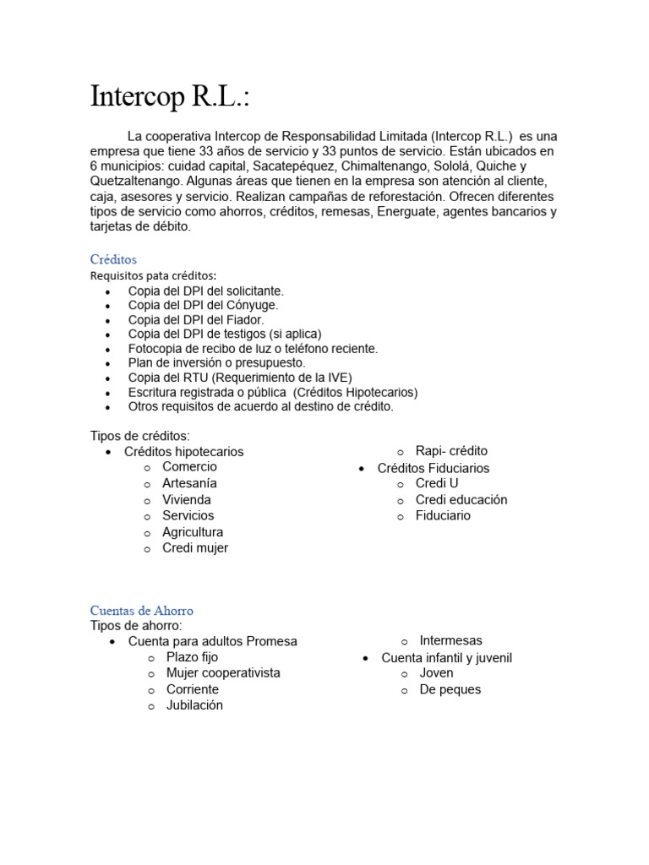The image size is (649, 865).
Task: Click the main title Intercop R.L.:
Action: [170, 98]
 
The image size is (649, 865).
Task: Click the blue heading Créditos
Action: [113, 259]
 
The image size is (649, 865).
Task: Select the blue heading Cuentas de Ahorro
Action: [142, 610]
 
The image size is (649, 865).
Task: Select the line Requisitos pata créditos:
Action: [153, 275]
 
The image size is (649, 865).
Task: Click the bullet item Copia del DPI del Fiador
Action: [196, 320]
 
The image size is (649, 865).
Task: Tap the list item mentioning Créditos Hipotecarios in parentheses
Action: [272, 392]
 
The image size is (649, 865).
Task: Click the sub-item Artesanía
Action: [189, 483]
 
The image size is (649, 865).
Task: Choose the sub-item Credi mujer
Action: [195, 547]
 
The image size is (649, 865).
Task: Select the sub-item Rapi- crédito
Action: [451, 451]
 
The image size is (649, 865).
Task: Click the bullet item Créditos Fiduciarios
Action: [434, 468]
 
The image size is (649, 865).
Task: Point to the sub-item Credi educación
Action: [461, 499]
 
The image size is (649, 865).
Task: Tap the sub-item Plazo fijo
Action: [192, 657]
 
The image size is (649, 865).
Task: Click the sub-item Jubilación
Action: [194, 705]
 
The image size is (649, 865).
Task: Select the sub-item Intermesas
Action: [450, 640]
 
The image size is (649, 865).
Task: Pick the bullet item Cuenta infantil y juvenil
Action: [446, 657]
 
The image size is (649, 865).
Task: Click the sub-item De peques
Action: [450, 689]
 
